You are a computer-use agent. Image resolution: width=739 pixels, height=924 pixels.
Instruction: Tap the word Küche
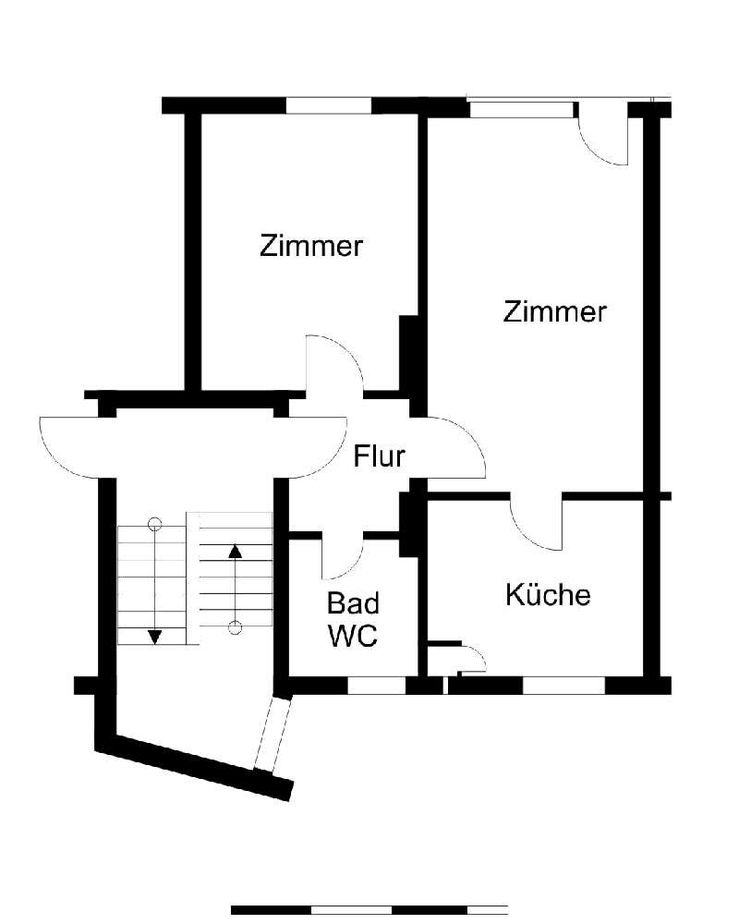pyautogui.click(x=547, y=595)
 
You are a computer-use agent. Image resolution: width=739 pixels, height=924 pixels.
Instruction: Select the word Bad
pyautogui.click(x=353, y=604)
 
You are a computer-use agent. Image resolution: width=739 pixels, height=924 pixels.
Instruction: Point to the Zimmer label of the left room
pyautogui.click(x=310, y=247)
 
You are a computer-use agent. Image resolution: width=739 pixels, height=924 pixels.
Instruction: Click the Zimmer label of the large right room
pyautogui.click(x=554, y=312)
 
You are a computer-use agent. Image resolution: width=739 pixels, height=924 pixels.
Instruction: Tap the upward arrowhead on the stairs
pyautogui.click(x=235, y=552)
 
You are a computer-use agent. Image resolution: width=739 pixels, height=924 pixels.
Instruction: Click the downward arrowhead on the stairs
pyautogui.click(x=155, y=636)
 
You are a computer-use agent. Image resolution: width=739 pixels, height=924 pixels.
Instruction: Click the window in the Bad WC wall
pyautogui.click(x=376, y=686)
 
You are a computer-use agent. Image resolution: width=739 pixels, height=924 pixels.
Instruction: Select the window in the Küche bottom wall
pyautogui.click(x=563, y=686)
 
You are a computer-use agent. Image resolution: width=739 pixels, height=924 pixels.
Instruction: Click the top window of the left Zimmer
pyautogui.click(x=328, y=105)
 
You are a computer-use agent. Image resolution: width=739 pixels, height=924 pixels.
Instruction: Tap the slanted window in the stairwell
pyautogui.click(x=272, y=735)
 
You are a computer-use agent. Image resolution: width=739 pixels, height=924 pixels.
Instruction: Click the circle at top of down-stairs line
pyautogui.click(x=155, y=524)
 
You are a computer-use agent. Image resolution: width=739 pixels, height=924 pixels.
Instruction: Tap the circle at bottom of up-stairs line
pyautogui.click(x=235, y=628)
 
